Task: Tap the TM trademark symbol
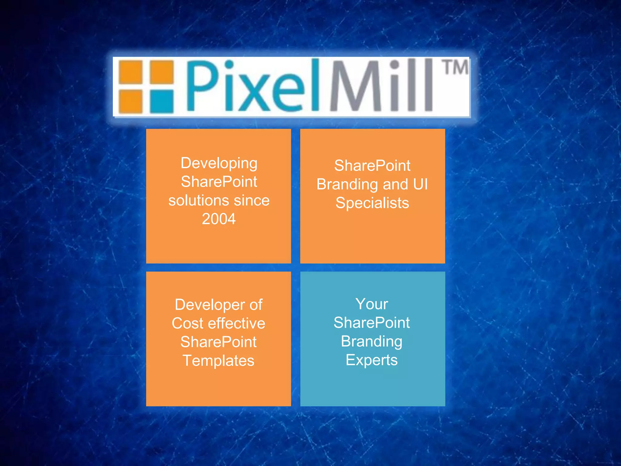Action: click(x=456, y=67)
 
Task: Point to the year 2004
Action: click(x=219, y=219)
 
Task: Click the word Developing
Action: click(x=219, y=163)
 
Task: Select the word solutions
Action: click(x=194, y=200)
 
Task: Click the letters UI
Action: click(x=420, y=184)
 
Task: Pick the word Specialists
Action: click(x=372, y=203)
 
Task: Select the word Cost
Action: click(x=187, y=323)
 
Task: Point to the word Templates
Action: click(x=218, y=361)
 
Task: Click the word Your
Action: click(x=372, y=304)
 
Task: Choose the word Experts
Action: click(x=372, y=360)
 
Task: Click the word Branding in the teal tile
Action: click(x=372, y=341)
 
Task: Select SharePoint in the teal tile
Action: click(x=372, y=322)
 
